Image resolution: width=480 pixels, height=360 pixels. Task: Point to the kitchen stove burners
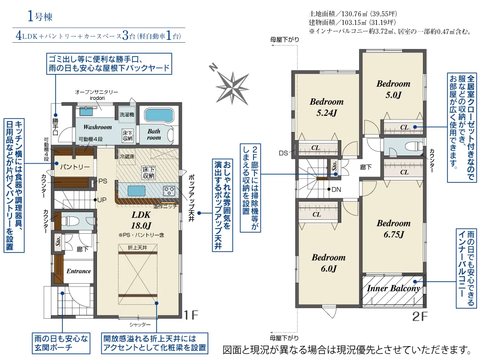point(169,191)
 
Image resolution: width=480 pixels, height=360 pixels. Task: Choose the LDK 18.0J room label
point(141,220)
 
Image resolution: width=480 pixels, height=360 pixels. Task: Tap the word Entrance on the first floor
point(79,271)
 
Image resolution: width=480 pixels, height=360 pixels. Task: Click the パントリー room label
point(75,167)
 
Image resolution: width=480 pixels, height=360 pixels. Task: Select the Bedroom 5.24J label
point(326,107)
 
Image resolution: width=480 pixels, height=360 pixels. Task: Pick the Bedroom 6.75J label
point(394,228)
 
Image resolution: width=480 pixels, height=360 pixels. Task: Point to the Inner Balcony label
point(394,288)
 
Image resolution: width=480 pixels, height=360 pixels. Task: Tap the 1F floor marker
point(191,315)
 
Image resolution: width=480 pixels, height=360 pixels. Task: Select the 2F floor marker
point(420,316)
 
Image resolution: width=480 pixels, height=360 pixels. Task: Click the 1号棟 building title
point(40,16)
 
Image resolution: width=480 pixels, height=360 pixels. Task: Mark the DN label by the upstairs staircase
point(336,190)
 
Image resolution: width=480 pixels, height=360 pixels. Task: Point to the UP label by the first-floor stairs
point(102,200)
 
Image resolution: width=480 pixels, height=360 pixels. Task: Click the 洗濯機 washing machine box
point(127,115)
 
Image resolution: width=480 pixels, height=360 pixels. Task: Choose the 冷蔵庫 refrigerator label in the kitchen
point(127,156)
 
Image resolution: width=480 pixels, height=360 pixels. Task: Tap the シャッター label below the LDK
point(140,324)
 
